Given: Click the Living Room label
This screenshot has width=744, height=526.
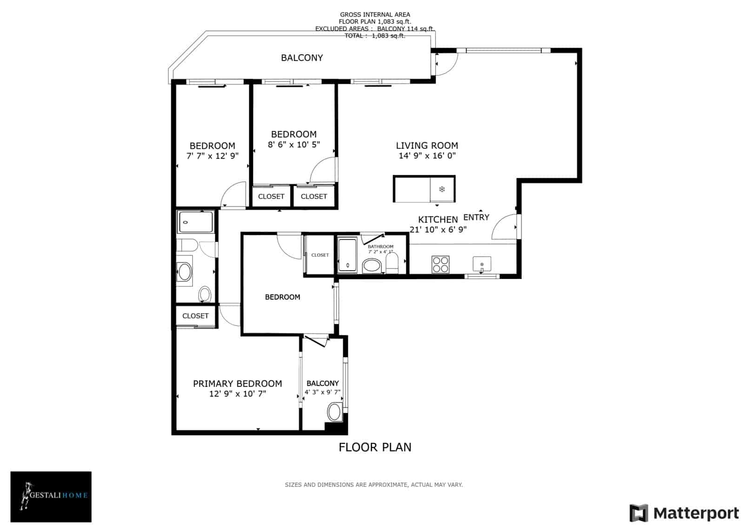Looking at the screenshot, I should tap(426, 146).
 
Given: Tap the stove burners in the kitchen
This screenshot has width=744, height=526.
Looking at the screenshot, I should tap(440, 264).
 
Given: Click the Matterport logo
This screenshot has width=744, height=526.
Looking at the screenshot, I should tap(684, 513).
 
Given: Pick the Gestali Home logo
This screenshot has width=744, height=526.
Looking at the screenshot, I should tap(51, 496).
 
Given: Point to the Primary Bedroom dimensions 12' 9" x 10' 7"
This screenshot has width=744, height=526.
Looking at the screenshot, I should tap(237, 394).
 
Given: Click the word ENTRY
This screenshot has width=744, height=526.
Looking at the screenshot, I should tap(476, 217).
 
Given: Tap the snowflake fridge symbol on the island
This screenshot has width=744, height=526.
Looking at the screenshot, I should tap(442, 189).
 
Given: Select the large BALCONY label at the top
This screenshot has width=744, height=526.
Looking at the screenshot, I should tap(302, 58).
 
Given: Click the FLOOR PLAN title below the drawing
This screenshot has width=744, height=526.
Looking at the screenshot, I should tap(375, 447).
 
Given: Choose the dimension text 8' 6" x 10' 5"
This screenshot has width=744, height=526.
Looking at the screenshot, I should tap(294, 145).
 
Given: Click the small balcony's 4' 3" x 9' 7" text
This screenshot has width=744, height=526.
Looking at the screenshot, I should tap(322, 392).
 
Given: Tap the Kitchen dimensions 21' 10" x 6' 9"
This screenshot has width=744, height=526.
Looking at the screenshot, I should tap(438, 229).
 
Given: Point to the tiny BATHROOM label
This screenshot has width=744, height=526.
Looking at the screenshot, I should tap(380, 246).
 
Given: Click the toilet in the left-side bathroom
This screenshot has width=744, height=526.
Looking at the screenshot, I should tap(205, 294).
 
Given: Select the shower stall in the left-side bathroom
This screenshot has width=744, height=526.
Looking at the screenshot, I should tap(196, 222).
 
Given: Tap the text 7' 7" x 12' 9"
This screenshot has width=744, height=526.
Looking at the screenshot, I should tap(212, 156).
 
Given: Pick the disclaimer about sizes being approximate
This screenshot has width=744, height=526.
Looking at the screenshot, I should tap(373, 485).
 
